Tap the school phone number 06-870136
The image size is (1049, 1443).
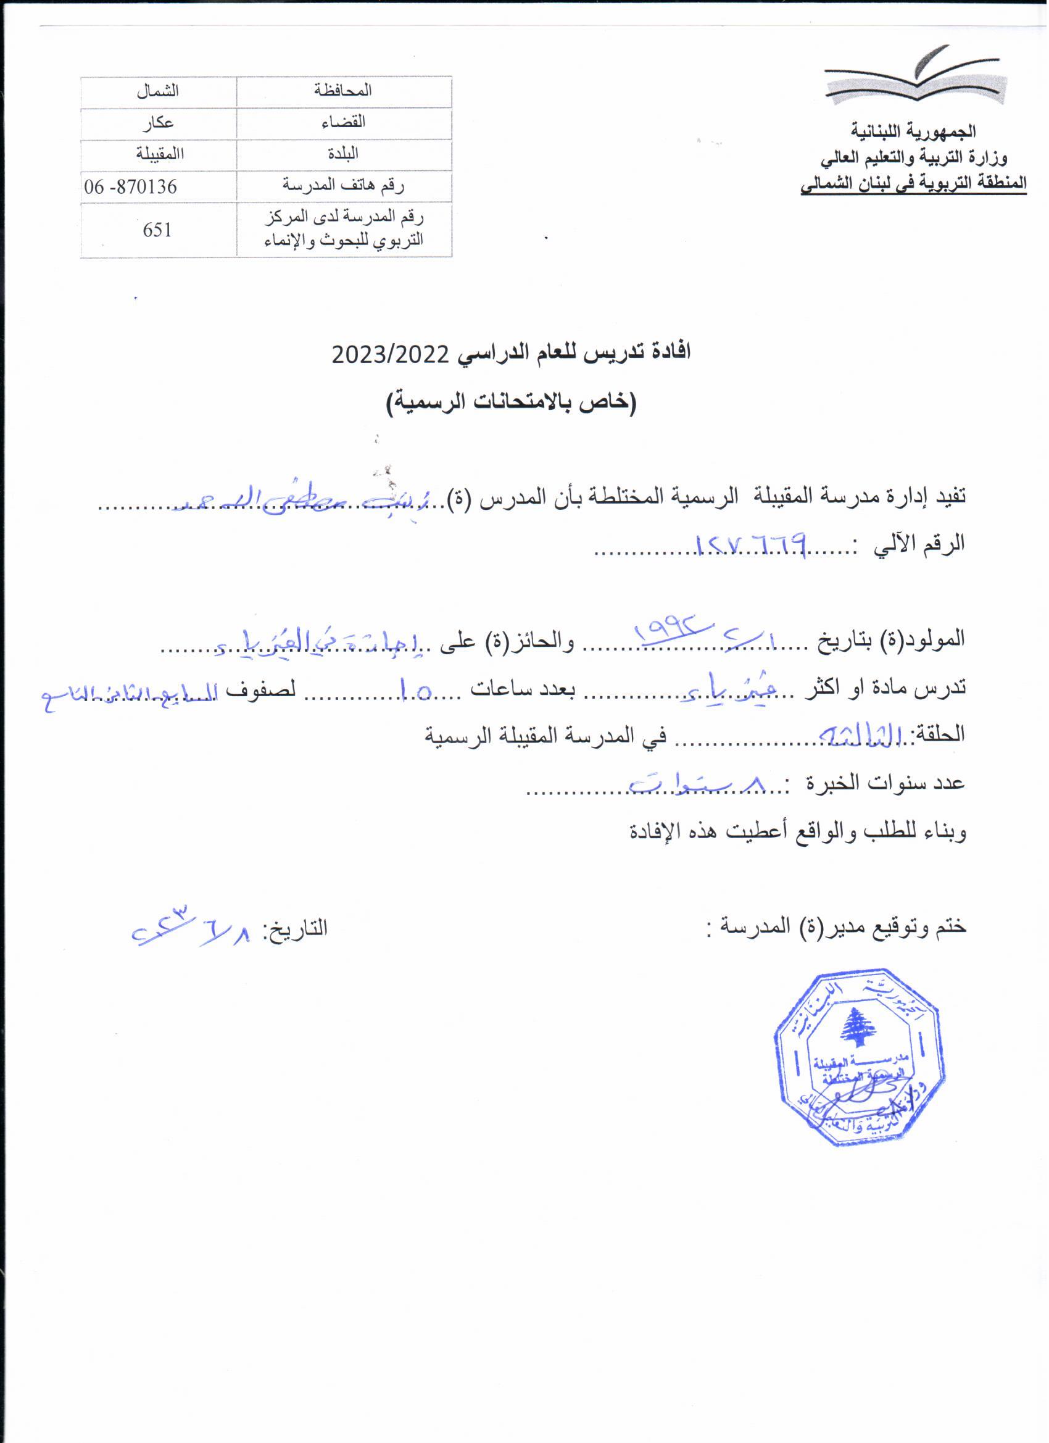tap(130, 187)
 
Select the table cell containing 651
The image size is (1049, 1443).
tap(157, 230)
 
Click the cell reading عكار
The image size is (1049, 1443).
tap(157, 123)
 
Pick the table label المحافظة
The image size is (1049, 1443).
tap(344, 91)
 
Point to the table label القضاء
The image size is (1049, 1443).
tap(344, 123)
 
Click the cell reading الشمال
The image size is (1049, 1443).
tap(157, 91)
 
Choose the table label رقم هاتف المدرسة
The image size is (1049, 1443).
tap(344, 186)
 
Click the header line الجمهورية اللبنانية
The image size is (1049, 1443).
tap(913, 131)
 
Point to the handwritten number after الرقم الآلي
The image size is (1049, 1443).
tap(753, 544)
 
